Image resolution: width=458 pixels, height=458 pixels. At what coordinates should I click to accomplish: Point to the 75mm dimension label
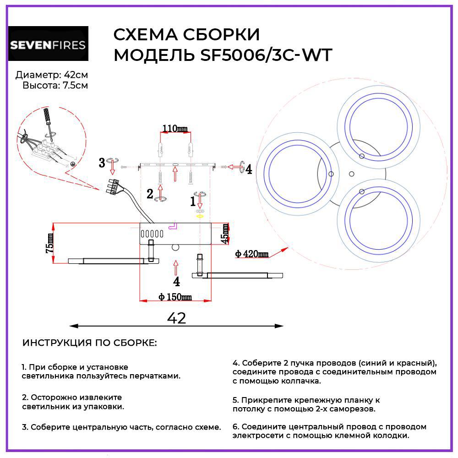click(49, 243)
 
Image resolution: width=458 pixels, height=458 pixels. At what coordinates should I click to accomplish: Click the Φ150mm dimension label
click(175, 297)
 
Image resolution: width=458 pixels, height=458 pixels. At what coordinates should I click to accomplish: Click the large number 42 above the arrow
click(176, 318)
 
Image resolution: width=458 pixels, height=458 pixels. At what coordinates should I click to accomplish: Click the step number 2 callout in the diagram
click(150, 194)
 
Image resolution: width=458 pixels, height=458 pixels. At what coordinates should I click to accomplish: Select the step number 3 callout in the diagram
click(102, 162)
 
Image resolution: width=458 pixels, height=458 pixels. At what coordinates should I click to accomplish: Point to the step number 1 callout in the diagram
click(193, 201)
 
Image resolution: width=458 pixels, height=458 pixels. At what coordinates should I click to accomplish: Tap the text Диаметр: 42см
click(51, 75)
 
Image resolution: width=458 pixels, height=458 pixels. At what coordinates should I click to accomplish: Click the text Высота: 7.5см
click(55, 85)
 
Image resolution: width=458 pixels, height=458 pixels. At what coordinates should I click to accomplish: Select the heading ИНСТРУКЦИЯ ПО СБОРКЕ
click(89, 343)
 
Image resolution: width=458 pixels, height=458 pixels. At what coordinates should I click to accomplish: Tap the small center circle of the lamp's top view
click(352, 173)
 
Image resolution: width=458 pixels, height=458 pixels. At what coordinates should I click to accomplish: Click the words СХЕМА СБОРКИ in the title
click(186, 35)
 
